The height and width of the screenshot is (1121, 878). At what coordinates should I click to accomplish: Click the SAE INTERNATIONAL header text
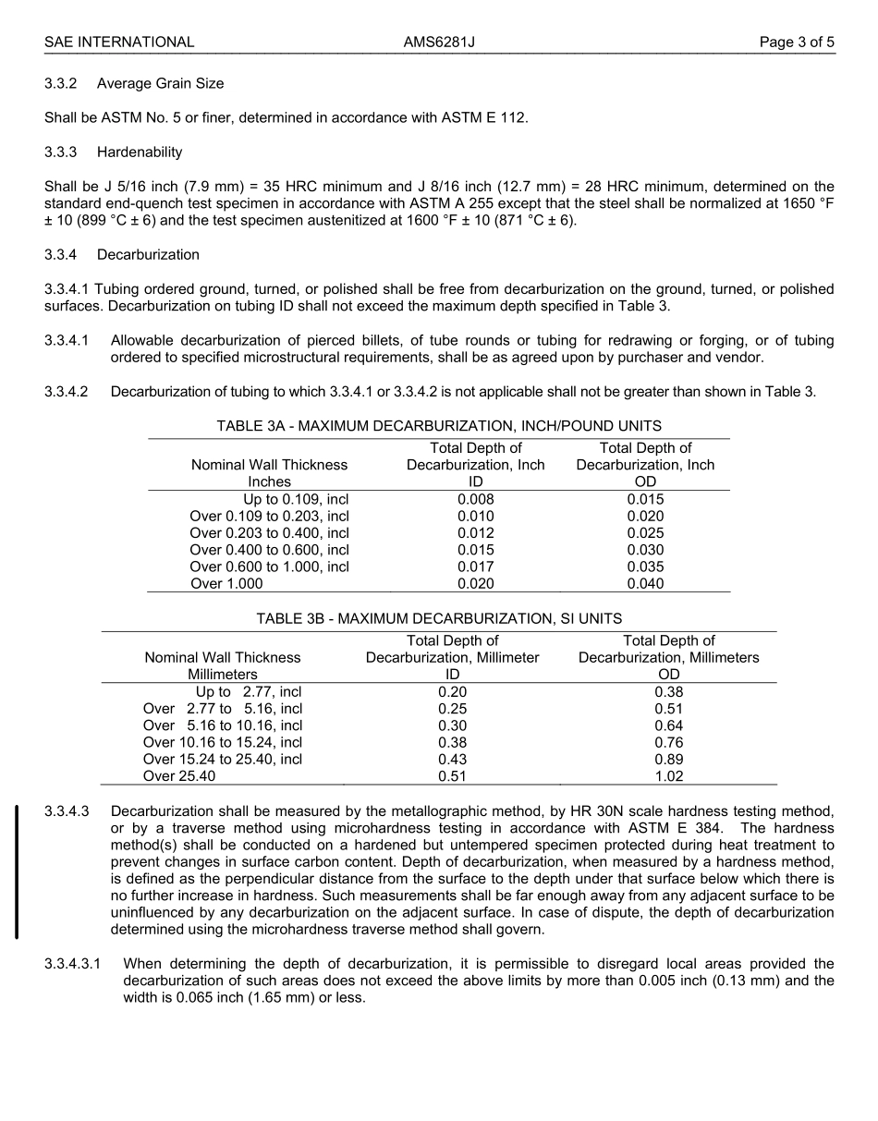point(119,42)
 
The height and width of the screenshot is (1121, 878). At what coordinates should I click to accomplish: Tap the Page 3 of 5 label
point(797,42)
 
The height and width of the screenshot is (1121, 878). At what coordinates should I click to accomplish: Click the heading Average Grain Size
point(160,83)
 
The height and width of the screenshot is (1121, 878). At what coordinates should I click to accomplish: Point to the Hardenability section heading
point(140,152)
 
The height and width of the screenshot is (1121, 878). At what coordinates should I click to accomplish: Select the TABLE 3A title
point(439,426)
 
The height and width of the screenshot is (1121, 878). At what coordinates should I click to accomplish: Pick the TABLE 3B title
point(439,618)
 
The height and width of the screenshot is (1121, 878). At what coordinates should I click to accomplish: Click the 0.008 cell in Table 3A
point(475,499)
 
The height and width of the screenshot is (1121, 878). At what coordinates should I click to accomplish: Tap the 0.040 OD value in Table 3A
point(645,583)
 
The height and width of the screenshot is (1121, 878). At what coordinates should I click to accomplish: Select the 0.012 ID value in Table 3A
point(475,533)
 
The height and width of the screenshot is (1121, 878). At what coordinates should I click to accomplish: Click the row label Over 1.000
point(226,583)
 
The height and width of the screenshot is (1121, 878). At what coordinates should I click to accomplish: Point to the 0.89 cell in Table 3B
point(668,759)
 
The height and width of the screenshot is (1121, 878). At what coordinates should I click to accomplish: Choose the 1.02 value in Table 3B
point(668,776)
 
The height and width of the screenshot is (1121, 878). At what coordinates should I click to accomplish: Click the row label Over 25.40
point(179,776)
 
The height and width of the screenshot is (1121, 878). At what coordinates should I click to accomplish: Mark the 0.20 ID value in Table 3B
point(452,691)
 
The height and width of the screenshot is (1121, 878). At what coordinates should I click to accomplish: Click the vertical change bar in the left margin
point(17,871)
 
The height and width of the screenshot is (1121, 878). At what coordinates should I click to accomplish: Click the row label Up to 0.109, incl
point(296,499)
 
